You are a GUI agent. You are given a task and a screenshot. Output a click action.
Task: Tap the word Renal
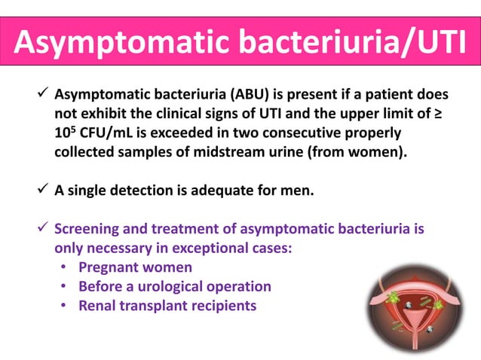[x=98, y=305]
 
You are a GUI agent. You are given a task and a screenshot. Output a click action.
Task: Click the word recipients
[x=219, y=305]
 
